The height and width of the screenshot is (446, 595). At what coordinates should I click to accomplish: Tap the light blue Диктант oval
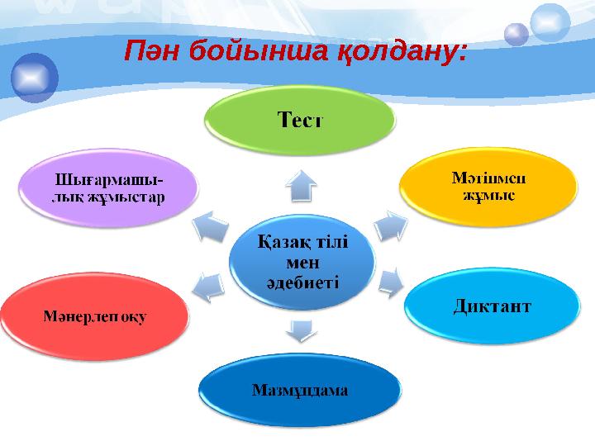point(492,306)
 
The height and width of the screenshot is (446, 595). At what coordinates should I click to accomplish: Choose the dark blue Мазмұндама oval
point(300,390)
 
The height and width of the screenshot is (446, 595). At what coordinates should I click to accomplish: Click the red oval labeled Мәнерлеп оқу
point(95,317)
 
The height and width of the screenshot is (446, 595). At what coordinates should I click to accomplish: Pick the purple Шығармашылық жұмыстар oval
point(108,189)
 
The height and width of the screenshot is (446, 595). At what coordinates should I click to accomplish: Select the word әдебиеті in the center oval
point(302,281)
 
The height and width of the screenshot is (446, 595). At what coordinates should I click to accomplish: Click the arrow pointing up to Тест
point(302,185)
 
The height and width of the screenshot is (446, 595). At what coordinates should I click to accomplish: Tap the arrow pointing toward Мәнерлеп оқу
point(207,285)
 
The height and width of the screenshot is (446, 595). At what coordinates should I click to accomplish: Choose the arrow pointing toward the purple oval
point(210,225)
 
